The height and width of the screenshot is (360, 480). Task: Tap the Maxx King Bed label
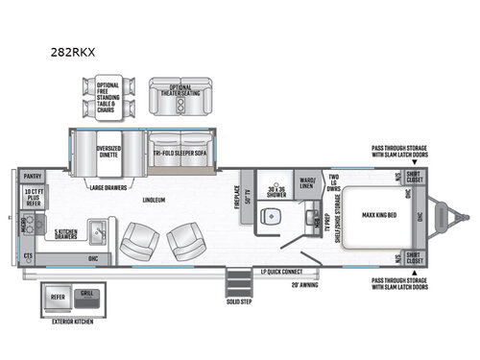(x=368, y=214)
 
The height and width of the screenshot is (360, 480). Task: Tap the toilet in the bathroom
(x=274, y=216)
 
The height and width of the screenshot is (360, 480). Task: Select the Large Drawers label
(x=110, y=188)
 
